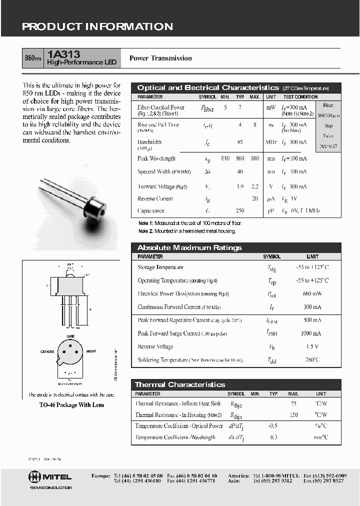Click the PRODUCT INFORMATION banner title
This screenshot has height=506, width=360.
97,27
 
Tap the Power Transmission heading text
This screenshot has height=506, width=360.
160,58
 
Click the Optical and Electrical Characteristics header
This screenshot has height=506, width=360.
208,87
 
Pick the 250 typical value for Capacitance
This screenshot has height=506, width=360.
240,211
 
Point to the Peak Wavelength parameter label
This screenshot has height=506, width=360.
156,158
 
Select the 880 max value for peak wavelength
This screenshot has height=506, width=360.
255,158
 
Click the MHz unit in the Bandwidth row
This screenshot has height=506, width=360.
271,142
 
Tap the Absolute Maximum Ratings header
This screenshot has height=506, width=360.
189,247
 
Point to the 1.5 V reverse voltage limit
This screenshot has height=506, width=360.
312,347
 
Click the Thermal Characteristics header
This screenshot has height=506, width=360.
180,384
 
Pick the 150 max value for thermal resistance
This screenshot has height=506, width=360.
293,415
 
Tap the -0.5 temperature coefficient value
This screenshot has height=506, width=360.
273,426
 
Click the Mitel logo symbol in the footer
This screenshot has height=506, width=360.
34,476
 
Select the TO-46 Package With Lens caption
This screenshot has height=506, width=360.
72,405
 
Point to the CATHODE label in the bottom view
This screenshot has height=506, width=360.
47,351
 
